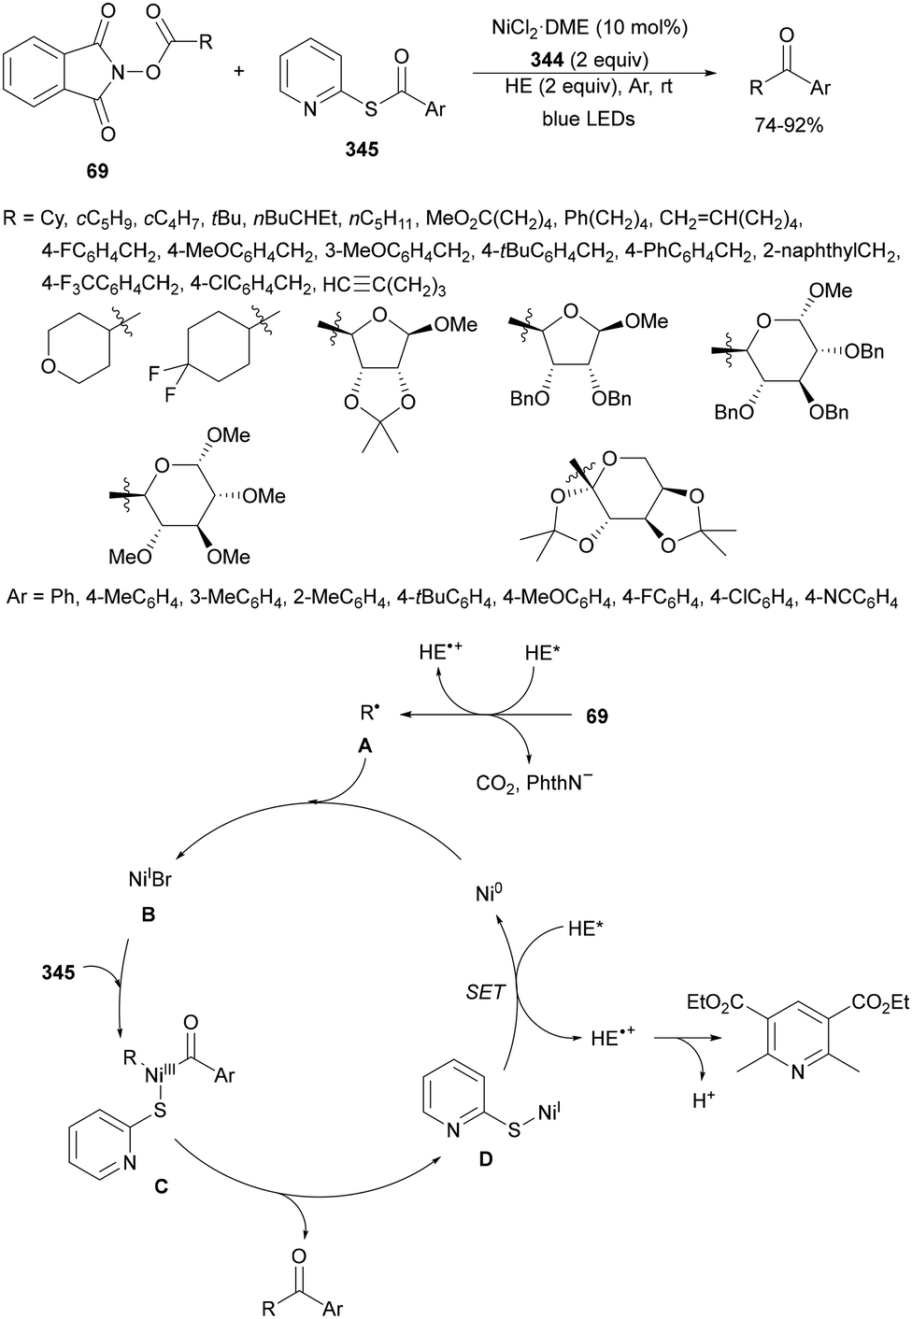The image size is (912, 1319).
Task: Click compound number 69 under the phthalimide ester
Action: click(97, 171)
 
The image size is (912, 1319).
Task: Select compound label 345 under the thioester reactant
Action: click(362, 149)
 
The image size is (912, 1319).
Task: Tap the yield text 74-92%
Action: click(789, 125)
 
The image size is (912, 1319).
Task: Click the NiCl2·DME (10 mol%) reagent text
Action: click(589, 29)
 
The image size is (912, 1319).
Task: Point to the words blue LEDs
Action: click(588, 119)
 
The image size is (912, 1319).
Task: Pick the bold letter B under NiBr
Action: click(148, 915)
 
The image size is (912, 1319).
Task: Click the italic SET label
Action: click(485, 992)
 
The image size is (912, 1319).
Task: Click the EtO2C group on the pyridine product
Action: click(717, 1002)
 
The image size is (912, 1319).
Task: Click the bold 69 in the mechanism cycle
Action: click(596, 716)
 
